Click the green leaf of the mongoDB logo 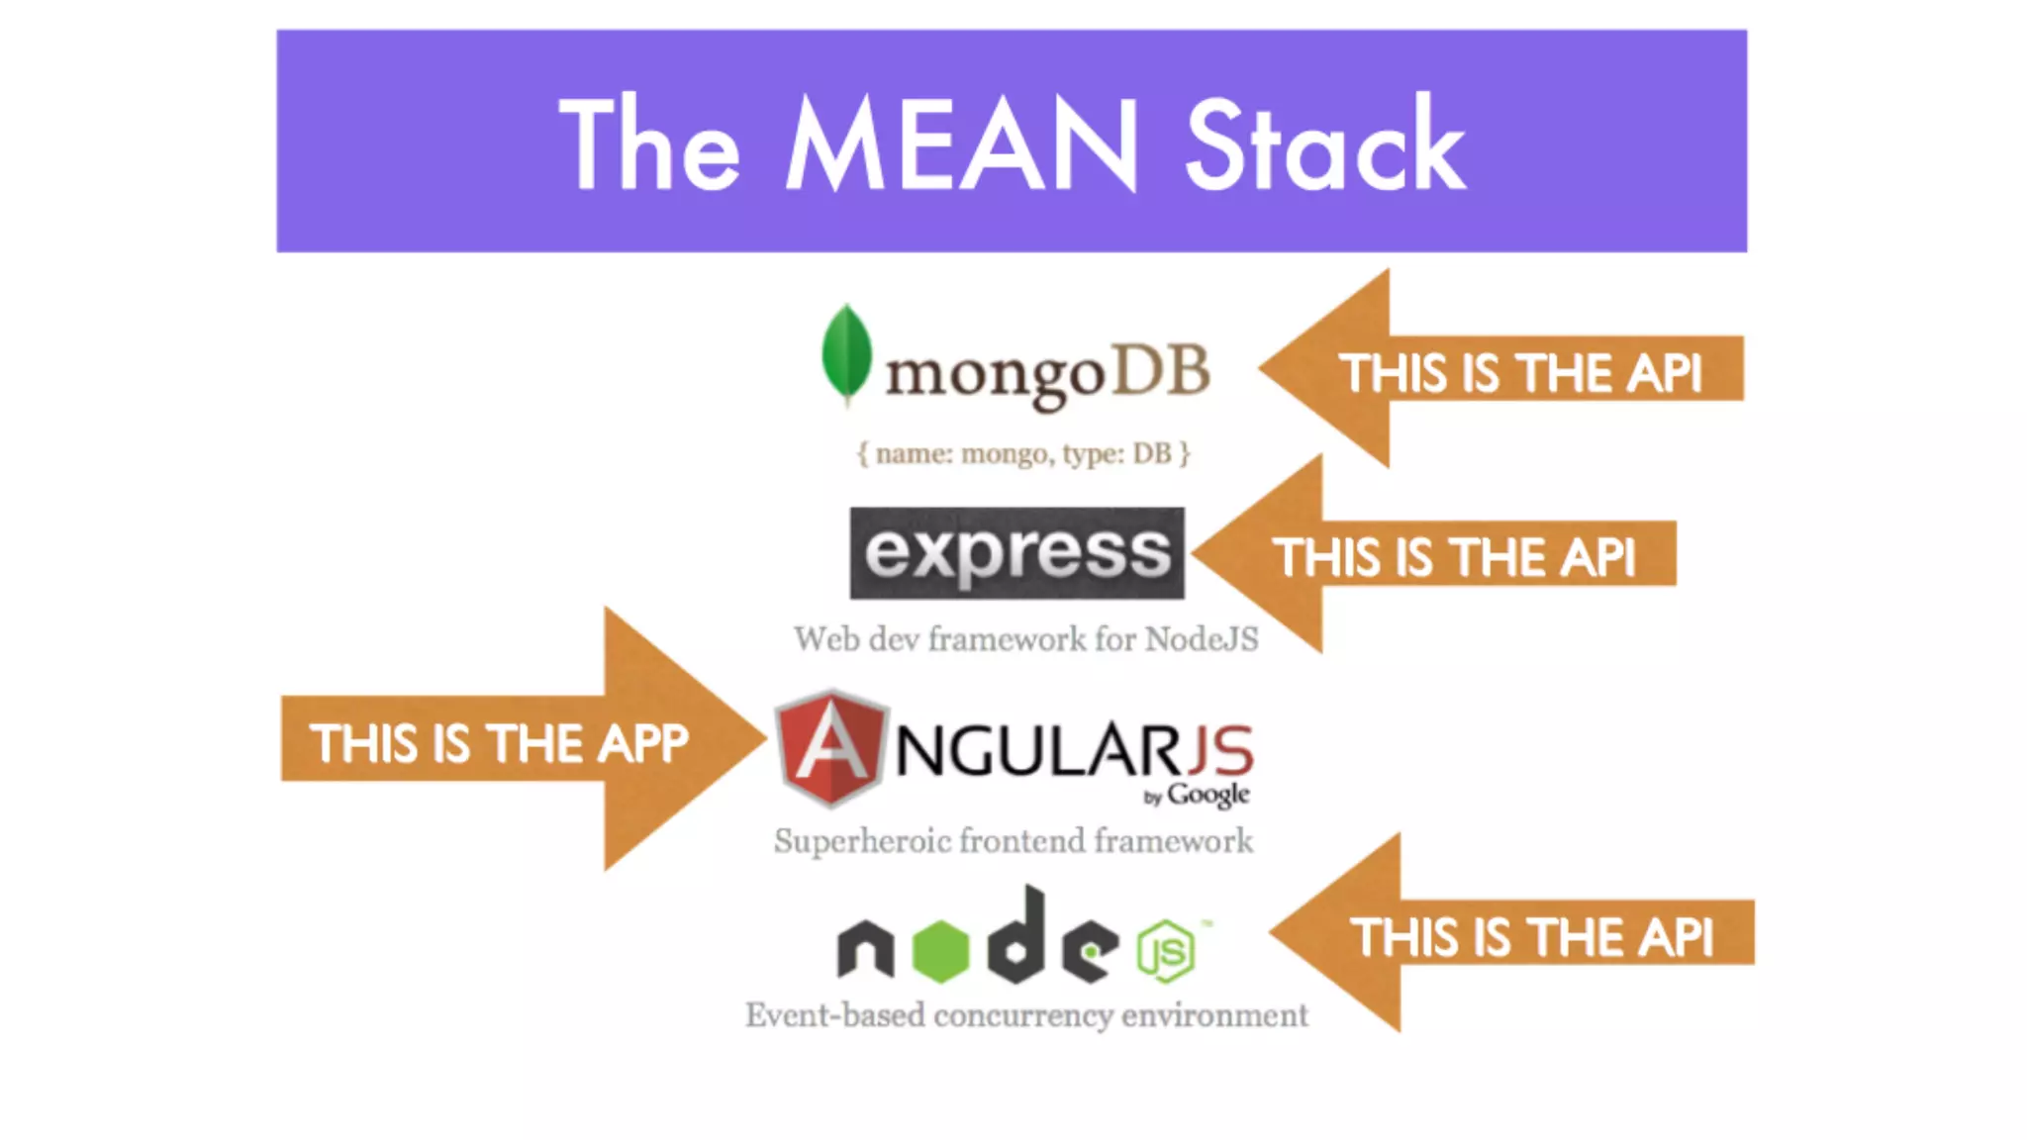(x=846, y=353)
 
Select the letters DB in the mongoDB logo (x=1162, y=371)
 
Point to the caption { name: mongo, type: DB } (x=1023, y=453)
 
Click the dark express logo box (x=1016, y=552)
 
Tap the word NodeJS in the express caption (x=1202, y=639)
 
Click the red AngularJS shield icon (x=829, y=747)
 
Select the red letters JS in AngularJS (x=1221, y=751)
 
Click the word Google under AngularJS (x=1208, y=795)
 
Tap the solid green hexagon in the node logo (x=940, y=951)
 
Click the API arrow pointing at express (x=1435, y=554)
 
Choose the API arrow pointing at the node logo (x=1514, y=934)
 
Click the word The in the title (x=649, y=144)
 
